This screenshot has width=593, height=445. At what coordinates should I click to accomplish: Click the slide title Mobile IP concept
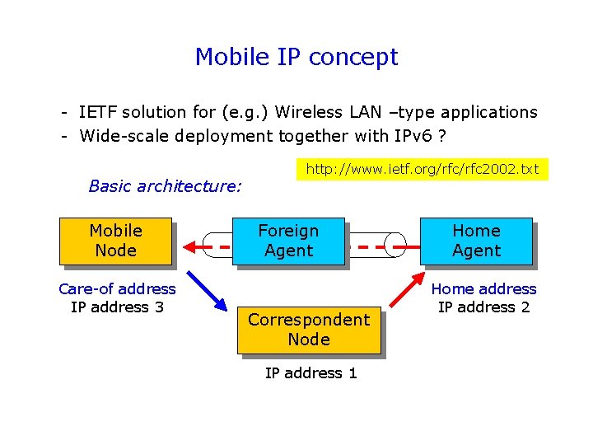(296, 57)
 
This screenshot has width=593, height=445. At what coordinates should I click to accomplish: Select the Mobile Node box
(115, 241)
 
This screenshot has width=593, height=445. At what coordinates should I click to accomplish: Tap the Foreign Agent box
(288, 241)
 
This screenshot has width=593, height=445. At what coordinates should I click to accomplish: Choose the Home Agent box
(476, 241)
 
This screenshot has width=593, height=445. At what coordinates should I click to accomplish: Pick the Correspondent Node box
(309, 330)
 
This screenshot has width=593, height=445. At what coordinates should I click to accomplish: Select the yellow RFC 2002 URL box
(422, 169)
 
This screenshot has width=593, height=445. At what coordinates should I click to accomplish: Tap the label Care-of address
(117, 288)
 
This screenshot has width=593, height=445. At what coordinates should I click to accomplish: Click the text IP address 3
(117, 307)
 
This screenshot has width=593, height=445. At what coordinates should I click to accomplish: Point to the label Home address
(483, 288)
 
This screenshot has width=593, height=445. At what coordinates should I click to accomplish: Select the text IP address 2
(483, 307)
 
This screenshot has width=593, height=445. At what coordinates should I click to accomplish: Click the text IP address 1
(311, 373)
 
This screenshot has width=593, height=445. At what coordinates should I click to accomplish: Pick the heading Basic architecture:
(165, 186)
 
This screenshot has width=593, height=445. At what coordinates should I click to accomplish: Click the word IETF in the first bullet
(97, 112)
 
